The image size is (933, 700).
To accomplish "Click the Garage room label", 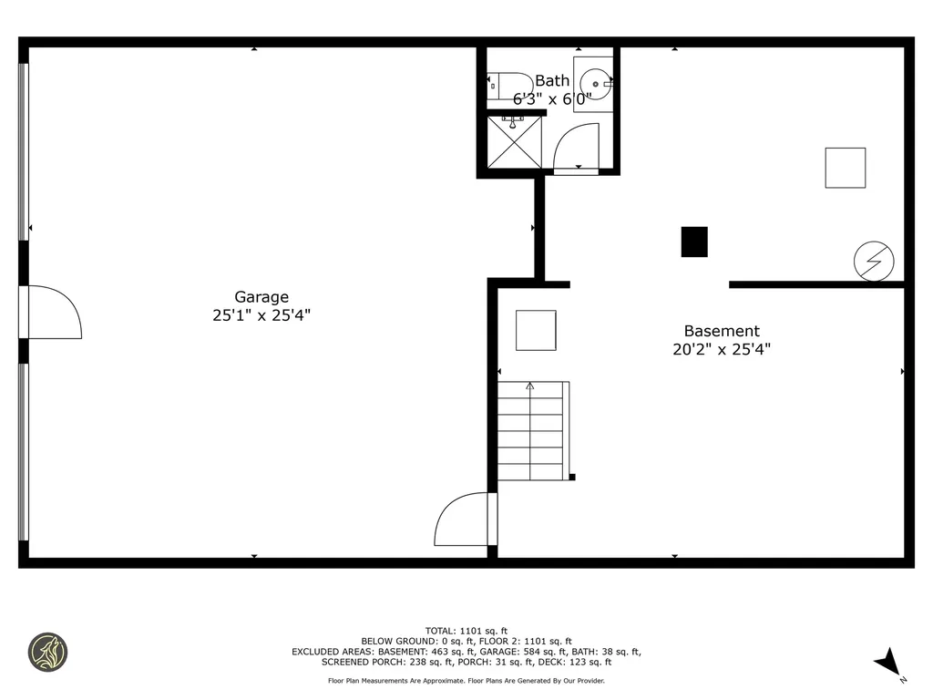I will (261, 297).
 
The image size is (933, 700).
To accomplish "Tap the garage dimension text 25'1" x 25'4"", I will (261, 315).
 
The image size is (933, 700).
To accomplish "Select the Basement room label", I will (722, 332).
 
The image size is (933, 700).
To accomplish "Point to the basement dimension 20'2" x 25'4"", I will (722, 349).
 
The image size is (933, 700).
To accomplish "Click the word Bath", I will (551, 81).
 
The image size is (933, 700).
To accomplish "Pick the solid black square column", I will (694, 242).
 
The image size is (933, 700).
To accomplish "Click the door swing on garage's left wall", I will (53, 313).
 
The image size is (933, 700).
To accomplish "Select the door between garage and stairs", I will (465, 520).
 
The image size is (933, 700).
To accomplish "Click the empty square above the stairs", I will (536, 330).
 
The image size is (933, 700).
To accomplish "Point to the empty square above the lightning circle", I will (845, 168).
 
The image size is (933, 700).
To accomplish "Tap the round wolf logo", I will (48, 653).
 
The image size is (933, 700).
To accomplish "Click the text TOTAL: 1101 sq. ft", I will (466, 631).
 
